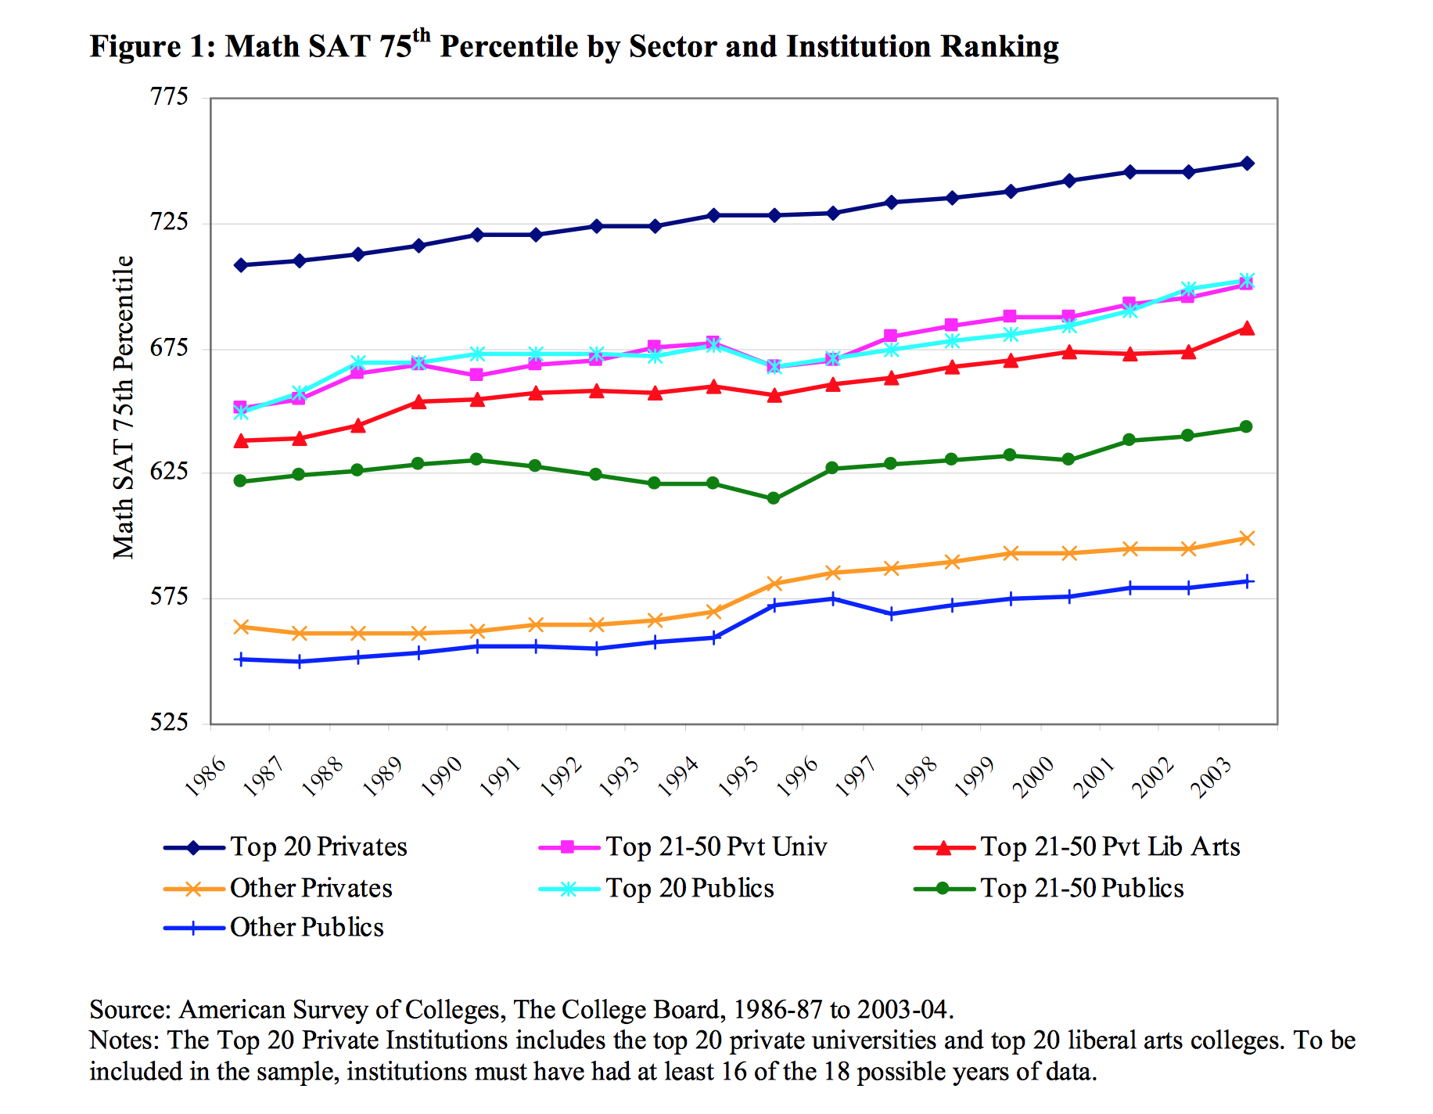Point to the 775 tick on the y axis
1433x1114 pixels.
coord(170,97)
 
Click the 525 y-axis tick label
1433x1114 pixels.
coord(170,722)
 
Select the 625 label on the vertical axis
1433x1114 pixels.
coord(170,472)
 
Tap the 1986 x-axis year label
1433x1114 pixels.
coord(206,777)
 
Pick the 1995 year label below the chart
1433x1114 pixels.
coord(738,777)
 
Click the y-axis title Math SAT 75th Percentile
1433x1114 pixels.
coord(124,407)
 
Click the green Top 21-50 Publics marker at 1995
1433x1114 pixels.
coord(774,498)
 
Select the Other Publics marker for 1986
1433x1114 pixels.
coord(240,659)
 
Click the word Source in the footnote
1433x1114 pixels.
coord(128,1010)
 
